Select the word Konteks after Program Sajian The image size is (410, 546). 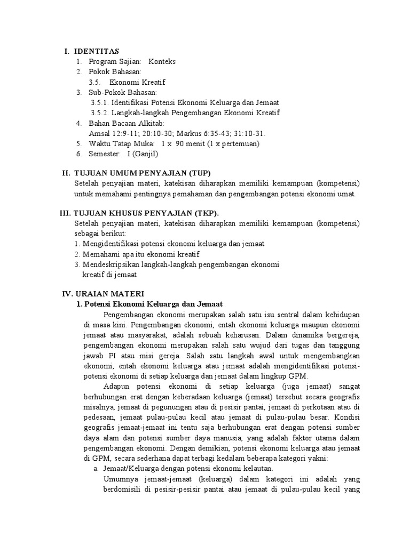click(162, 61)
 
